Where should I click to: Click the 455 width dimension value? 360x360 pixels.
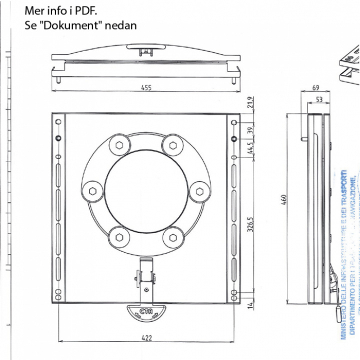pyautogui.click(x=146, y=88)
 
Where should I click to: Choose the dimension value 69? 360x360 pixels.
pyautogui.click(x=315, y=88)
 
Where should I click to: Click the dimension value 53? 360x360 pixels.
pyautogui.click(x=319, y=100)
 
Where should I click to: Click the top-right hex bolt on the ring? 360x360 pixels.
pyautogui.click(x=173, y=145)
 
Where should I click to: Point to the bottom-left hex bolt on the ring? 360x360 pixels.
pyautogui.click(x=119, y=237)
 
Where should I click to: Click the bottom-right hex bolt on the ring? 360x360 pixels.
pyautogui.click(x=173, y=237)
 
